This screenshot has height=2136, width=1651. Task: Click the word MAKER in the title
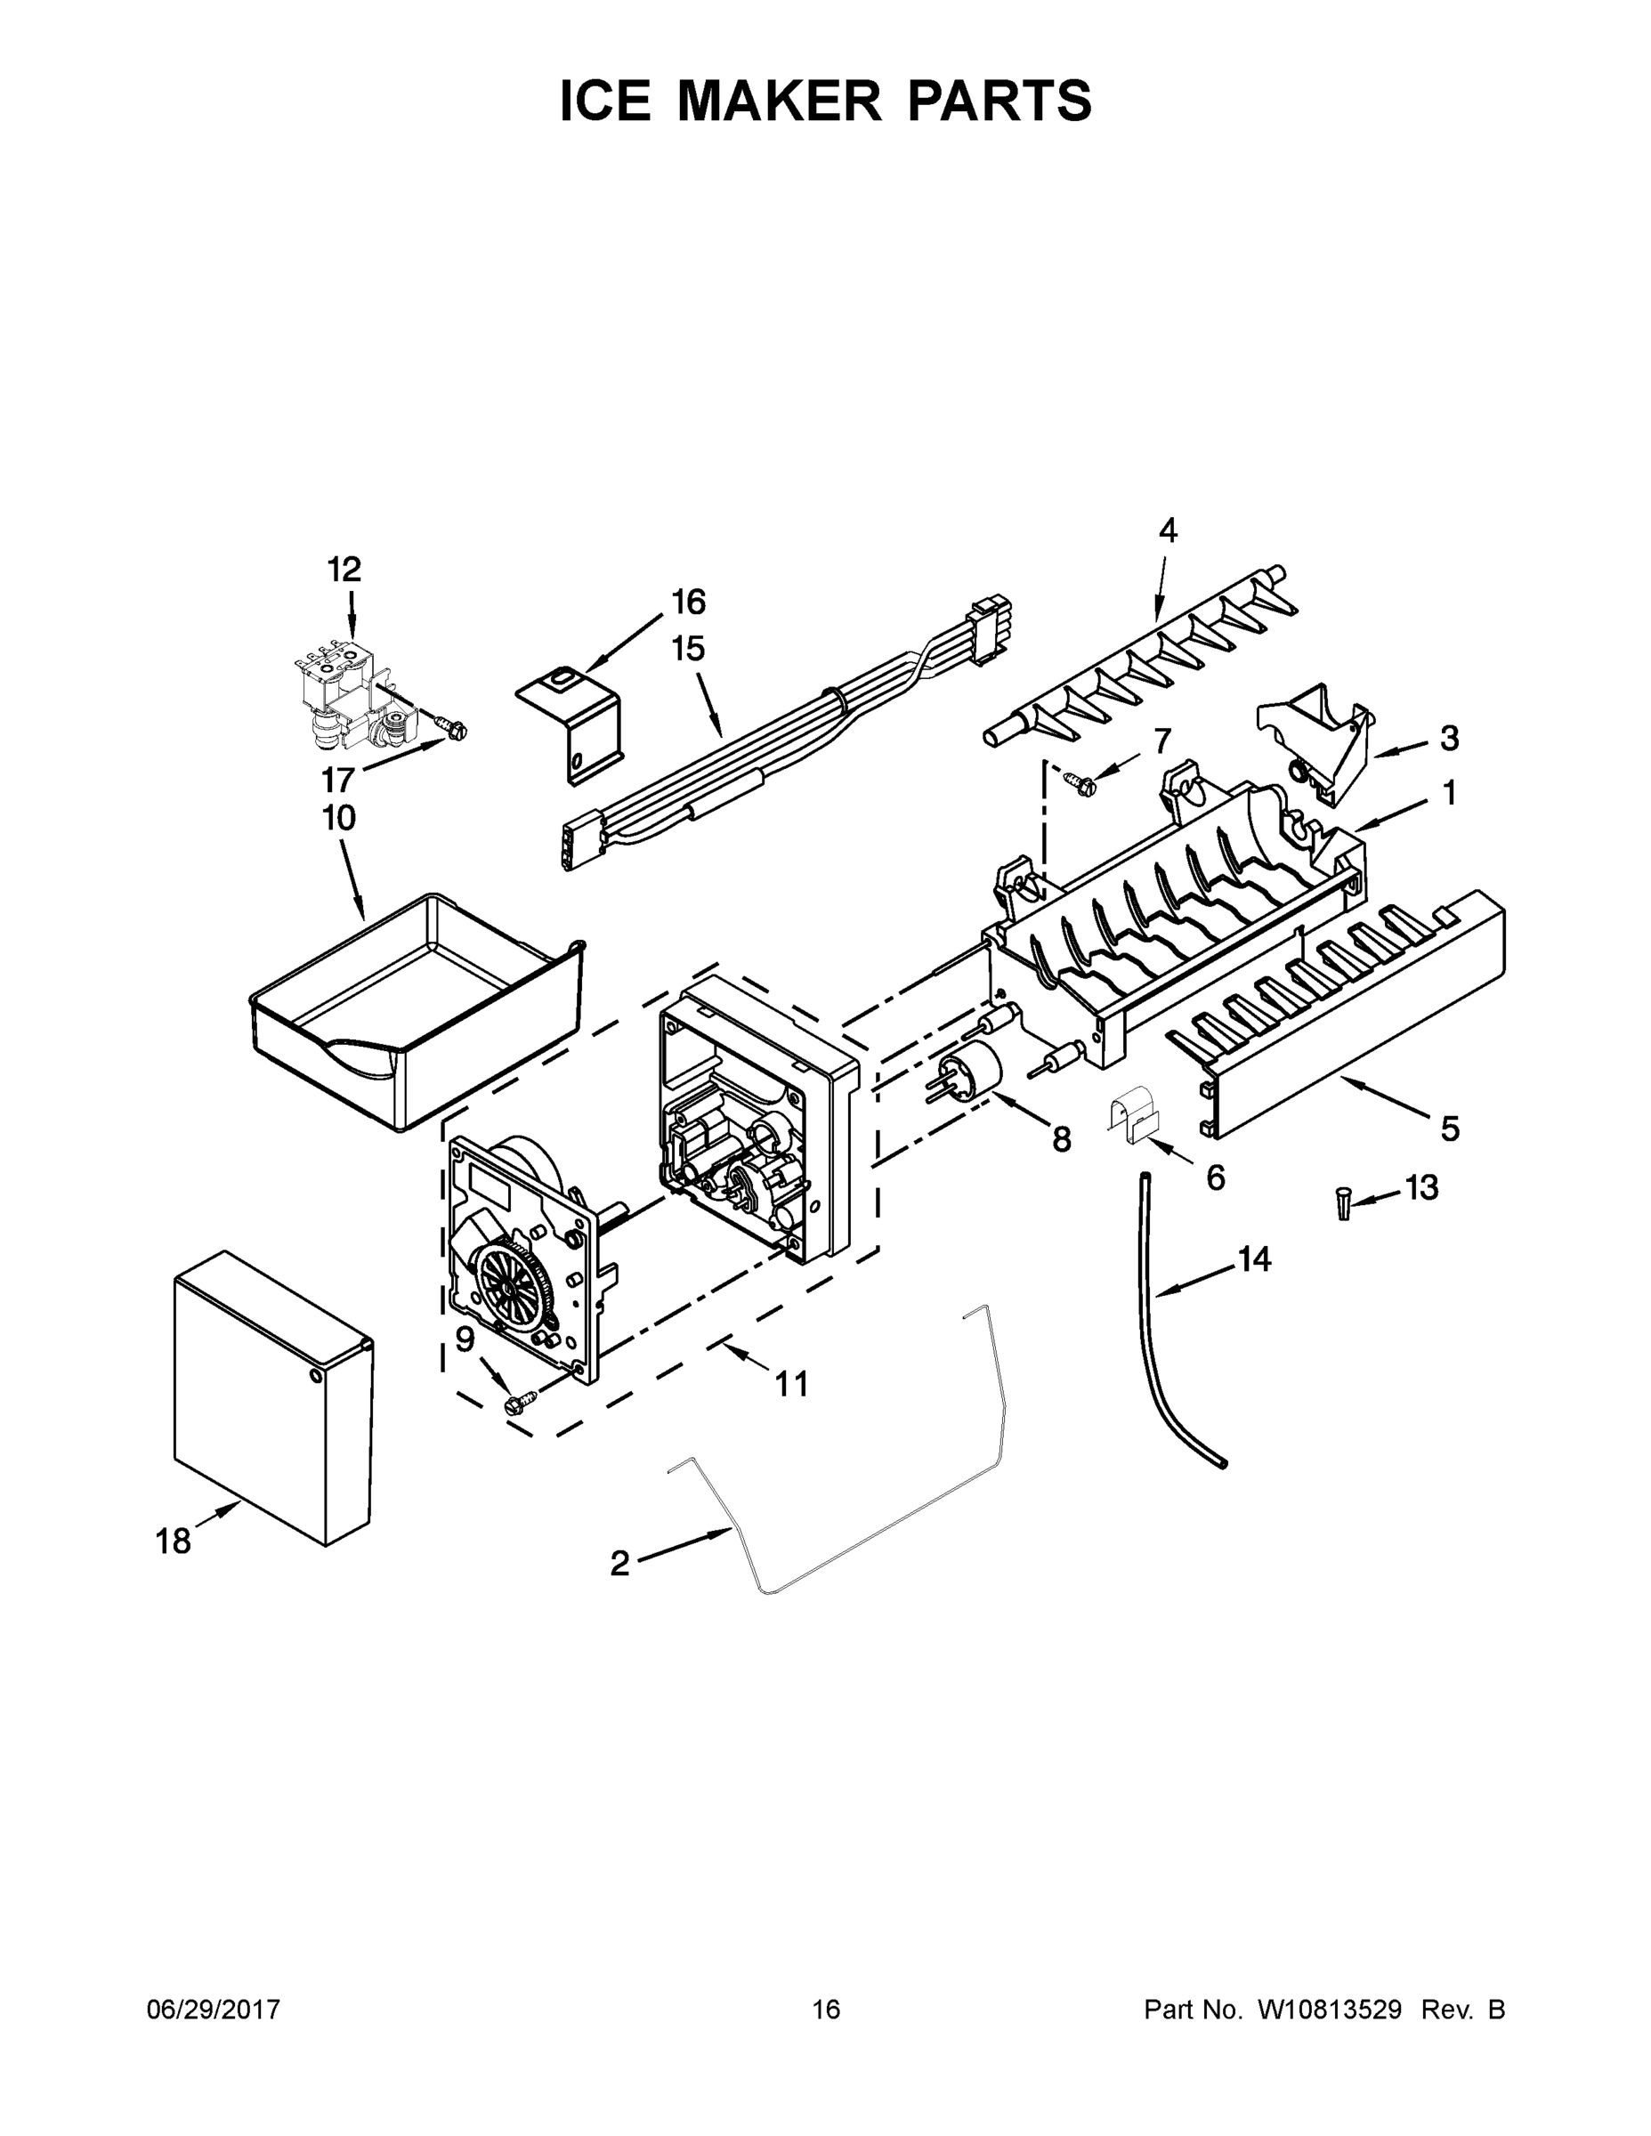tap(780, 101)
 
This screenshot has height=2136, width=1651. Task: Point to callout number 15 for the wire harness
tap(689, 649)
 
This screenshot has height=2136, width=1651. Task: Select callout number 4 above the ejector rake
tap(1168, 530)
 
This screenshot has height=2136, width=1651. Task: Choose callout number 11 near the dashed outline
tap(791, 1384)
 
